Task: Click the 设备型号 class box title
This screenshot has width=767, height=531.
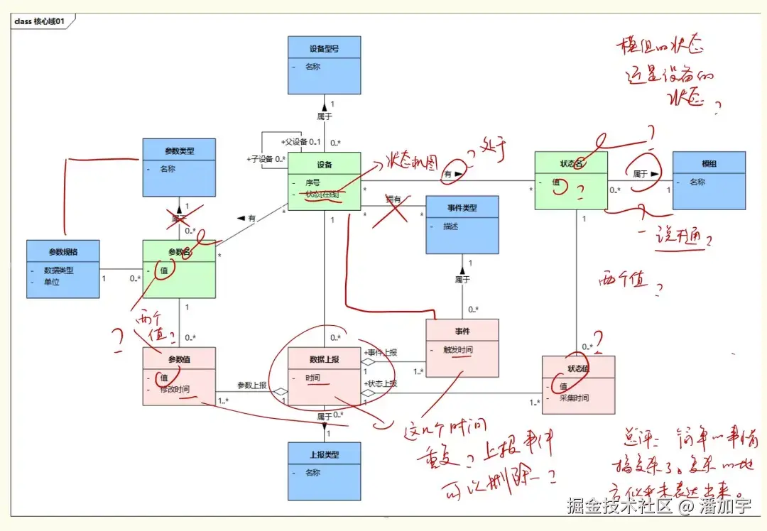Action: [x=324, y=49]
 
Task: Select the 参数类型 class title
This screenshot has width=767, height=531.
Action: [x=179, y=150]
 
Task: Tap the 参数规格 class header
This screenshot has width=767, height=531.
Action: [x=63, y=252]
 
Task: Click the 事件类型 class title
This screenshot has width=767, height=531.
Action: [x=462, y=208]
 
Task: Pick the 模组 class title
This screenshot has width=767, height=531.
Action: [x=709, y=163]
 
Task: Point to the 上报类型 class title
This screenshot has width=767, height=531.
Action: [x=324, y=454]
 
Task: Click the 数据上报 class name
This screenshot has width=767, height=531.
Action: [x=324, y=359]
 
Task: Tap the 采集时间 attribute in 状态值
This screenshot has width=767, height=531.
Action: [x=575, y=398]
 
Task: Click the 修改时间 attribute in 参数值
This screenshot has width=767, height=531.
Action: [x=175, y=390]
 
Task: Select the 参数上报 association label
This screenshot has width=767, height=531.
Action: [x=251, y=385]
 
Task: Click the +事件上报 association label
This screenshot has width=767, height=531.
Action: [x=381, y=352]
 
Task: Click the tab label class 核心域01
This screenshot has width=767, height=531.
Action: [x=40, y=21]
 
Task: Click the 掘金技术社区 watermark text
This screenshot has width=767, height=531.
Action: [x=619, y=505]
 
